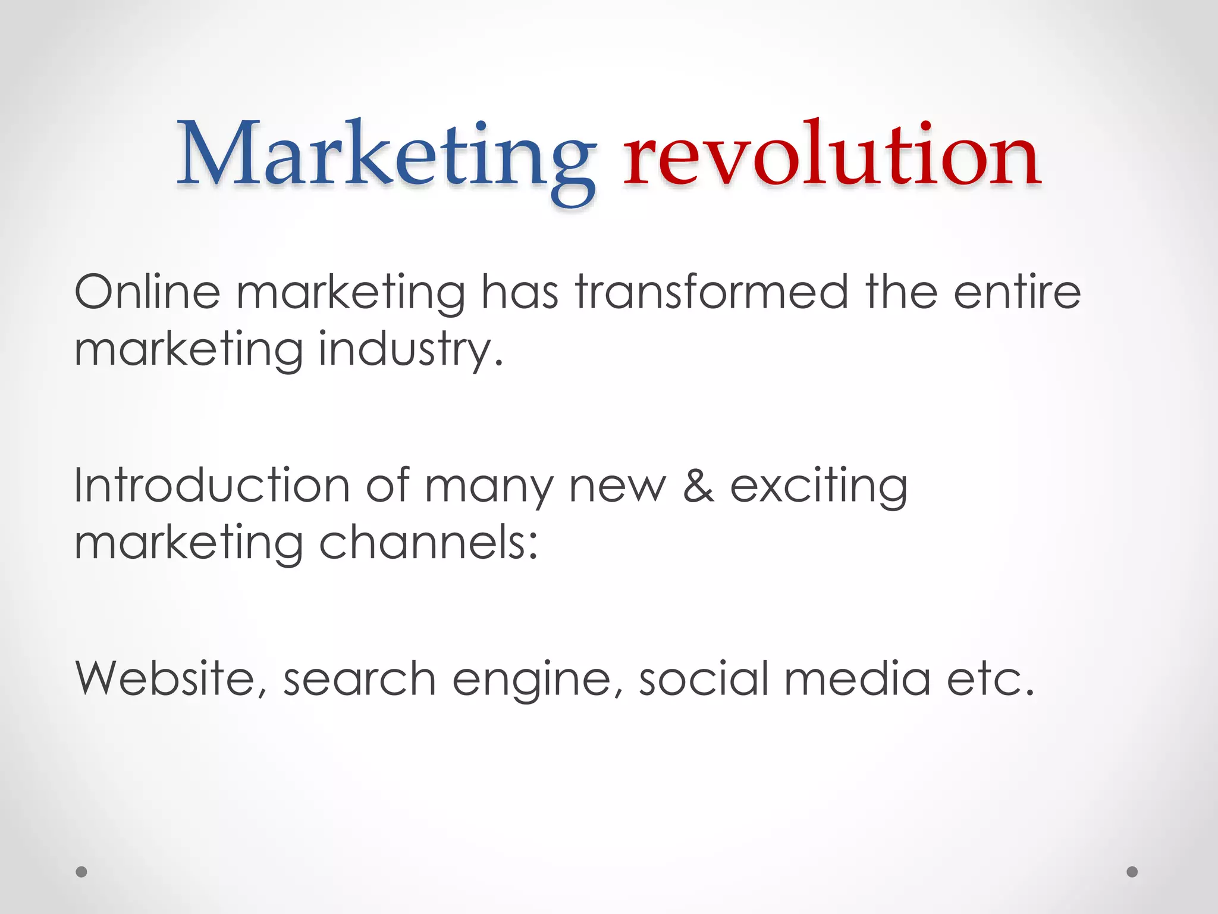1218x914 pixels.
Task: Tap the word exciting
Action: click(x=818, y=487)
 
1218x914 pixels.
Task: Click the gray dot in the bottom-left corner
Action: click(x=81, y=872)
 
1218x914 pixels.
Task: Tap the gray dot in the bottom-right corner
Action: click(x=1132, y=872)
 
